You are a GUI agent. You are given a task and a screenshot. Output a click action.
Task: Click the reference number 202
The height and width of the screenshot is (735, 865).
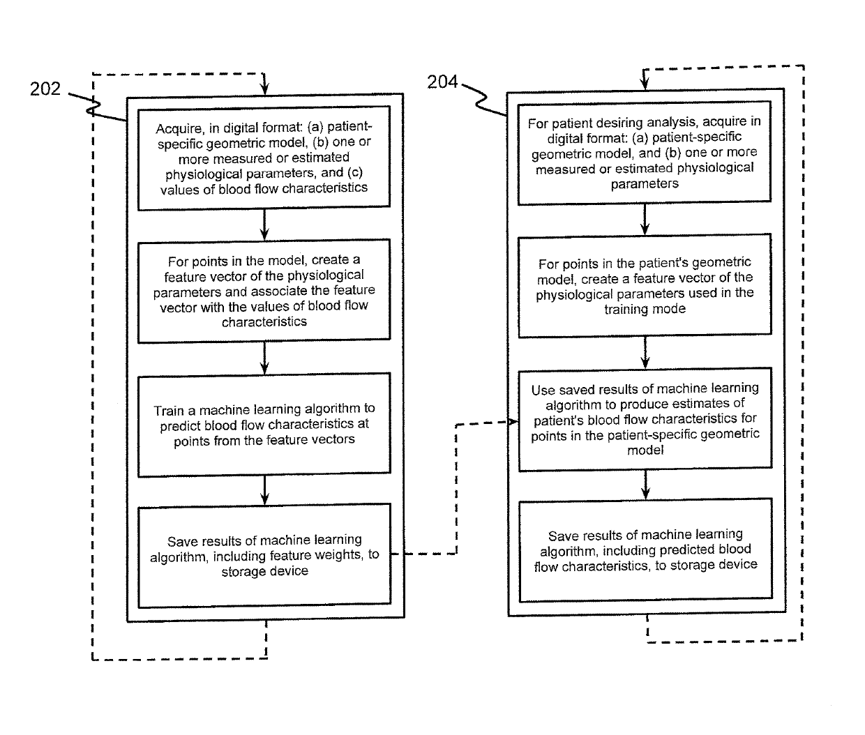(45, 89)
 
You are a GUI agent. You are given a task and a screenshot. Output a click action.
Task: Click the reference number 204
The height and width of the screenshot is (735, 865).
(442, 82)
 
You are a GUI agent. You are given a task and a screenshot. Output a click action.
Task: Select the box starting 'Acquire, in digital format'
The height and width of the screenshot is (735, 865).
(264, 158)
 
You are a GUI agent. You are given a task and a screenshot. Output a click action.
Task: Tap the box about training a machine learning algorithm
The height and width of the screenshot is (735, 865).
(264, 425)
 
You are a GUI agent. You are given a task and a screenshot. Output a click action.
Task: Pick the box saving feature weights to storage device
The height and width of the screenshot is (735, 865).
(264, 556)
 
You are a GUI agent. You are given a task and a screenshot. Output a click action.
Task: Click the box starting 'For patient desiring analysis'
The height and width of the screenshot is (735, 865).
(645, 153)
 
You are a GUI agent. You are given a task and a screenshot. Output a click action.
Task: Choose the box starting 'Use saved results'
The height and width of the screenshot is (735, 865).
(645, 420)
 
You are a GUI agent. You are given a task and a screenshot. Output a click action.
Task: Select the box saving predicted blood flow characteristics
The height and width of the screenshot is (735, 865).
(646, 550)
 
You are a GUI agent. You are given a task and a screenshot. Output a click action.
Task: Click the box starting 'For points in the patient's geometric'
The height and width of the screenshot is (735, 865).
(645, 286)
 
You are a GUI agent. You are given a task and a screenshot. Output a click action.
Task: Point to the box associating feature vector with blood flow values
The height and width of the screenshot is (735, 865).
(264, 291)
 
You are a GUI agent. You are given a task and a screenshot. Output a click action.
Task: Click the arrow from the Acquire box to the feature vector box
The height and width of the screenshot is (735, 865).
(264, 225)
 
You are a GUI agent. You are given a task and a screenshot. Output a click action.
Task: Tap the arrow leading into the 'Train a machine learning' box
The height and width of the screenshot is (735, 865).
(264, 358)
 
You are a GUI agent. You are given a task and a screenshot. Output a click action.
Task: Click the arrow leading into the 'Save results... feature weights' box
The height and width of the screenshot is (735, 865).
(264, 490)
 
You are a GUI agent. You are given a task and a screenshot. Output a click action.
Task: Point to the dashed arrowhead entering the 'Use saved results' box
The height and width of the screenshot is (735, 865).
(513, 422)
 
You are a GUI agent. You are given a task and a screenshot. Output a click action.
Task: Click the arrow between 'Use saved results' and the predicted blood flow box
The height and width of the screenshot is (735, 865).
(645, 485)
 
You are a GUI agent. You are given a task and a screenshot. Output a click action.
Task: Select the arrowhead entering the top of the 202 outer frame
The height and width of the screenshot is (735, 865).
(264, 89)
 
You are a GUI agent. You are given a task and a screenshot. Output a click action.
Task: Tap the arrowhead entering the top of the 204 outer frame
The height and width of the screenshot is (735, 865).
(645, 84)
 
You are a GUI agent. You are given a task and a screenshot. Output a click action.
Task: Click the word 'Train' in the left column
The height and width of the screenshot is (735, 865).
(168, 411)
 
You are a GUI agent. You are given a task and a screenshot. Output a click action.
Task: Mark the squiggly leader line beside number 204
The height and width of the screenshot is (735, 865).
(484, 100)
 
